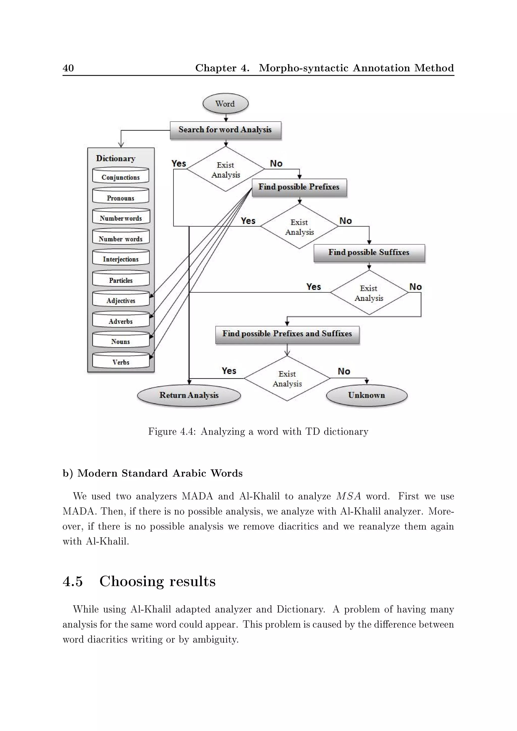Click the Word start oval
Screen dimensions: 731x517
coord(225,104)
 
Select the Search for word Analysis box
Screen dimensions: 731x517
coord(225,130)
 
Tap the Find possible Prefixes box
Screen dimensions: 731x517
coord(299,187)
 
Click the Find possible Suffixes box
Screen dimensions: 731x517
coord(369,253)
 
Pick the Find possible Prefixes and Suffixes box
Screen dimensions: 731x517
coord(287,334)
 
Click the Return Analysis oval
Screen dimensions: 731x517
coord(189,396)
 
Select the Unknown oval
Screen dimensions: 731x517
coord(367,396)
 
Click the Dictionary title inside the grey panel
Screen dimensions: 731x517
coord(116,159)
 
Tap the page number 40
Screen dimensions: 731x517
coord(68,68)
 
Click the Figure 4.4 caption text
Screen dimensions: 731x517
coord(258,432)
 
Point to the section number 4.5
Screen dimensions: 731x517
coord(73,581)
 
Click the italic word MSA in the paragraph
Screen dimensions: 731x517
coord(349,496)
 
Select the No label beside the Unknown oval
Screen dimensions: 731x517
coord(344,372)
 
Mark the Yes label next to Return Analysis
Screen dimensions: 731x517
coord(229,371)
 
